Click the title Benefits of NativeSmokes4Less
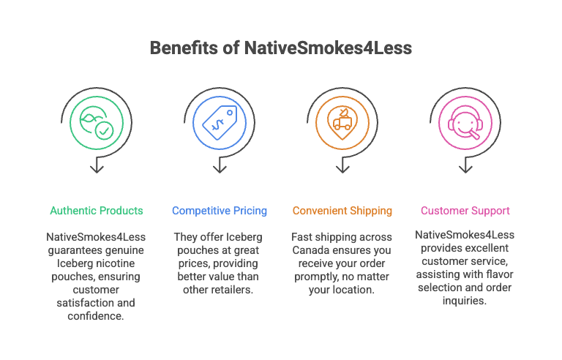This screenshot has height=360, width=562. pyautogui.click(x=281, y=48)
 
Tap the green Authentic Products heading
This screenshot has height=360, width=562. pyautogui.click(x=97, y=211)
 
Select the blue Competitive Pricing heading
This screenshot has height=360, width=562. pyautogui.click(x=220, y=211)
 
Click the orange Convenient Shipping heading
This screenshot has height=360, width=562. pyautogui.click(x=342, y=211)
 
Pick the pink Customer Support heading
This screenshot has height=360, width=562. pyautogui.click(x=465, y=211)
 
